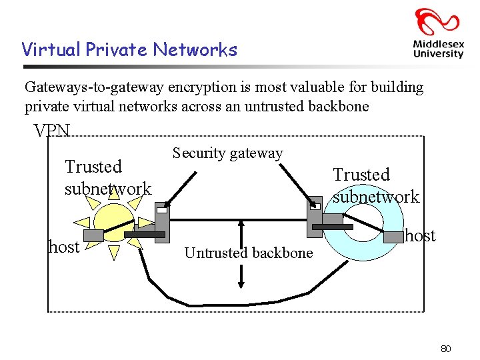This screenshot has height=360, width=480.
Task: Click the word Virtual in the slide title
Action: click(45, 50)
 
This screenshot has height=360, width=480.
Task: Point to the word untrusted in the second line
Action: click(283, 106)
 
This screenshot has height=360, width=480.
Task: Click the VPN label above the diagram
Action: click(52, 131)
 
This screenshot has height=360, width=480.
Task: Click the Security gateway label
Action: click(227, 153)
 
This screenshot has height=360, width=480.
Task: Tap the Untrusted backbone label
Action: click(248, 253)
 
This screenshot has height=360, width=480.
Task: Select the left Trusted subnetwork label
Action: click(107, 177)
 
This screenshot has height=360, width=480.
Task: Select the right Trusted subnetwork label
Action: click(376, 185)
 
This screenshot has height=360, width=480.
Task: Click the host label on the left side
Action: click(64, 247)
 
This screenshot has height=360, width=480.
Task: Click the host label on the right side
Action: click(420, 235)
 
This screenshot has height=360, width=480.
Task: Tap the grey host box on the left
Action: click(93, 235)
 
